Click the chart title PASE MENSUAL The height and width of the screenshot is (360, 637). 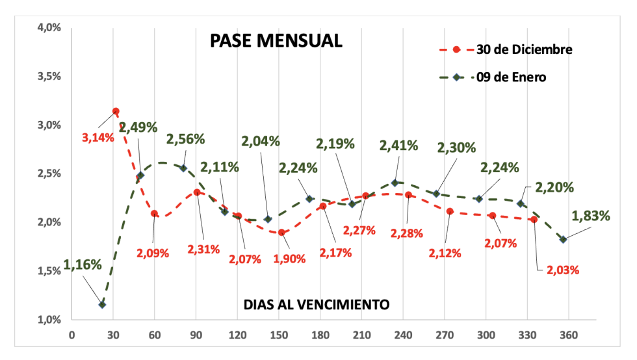(x=276, y=40)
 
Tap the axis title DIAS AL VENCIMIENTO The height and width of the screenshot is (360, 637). (x=317, y=303)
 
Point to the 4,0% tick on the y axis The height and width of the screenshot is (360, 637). (x=48, y=28)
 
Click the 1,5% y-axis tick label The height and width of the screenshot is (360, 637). (x=48, y=271)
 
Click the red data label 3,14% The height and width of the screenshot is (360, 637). (x=98, y=137)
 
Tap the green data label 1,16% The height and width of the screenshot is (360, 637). (x=83, y=264)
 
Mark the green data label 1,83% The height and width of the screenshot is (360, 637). (x=590, y=216)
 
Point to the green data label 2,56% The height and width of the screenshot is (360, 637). (x=186, y=139)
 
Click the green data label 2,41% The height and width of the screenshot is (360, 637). (x=398, y=146)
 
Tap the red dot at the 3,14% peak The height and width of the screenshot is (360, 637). (x=116, y=111)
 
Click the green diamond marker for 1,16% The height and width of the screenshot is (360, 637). (x=102, y=304)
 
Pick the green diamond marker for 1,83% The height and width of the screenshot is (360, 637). (x=563, y=239)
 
